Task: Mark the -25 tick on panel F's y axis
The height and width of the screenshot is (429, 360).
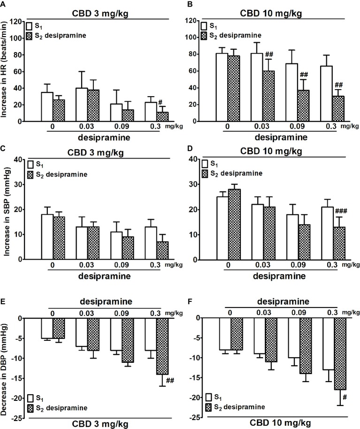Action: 201,418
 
